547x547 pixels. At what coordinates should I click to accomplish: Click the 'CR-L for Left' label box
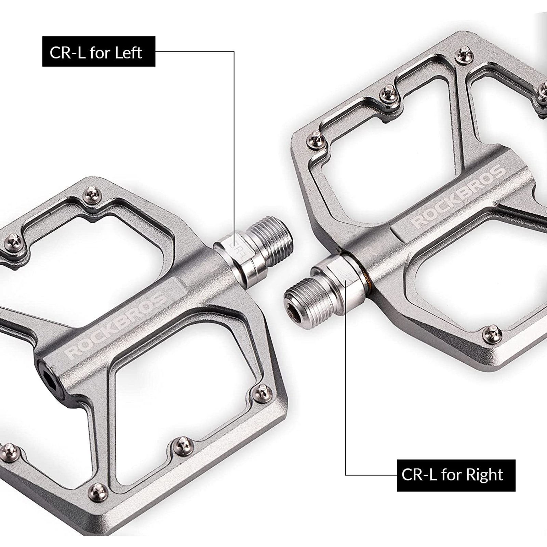pyautogui.click(x=98, y=52)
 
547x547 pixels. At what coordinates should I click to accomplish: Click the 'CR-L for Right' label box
pyautogui.click(x=456, y=475)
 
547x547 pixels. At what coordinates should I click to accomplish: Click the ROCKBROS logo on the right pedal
pyautogui.click(x=458, y=196)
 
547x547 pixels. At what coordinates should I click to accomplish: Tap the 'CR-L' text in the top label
pyautogui.click(x=67, y=52)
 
